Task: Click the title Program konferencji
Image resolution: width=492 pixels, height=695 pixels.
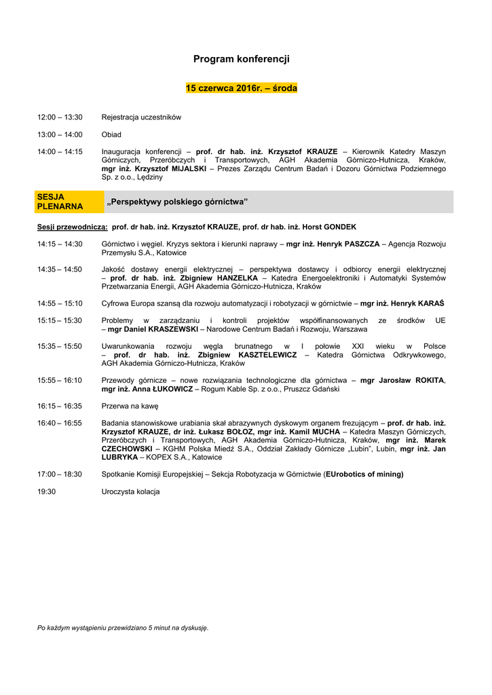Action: (241, 60)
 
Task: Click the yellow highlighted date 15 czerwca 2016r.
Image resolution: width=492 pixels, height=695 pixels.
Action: (241, 88)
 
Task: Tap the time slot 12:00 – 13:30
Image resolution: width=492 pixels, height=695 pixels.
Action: (60, 117)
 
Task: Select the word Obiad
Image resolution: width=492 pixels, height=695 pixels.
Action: (111, 134)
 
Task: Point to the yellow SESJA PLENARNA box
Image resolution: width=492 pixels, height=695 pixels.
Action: (60, 202)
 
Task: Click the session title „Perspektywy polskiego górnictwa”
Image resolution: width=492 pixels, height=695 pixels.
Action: (177, 202)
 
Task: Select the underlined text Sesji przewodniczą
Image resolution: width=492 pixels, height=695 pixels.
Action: (72, 227)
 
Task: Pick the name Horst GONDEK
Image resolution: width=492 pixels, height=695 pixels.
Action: (328, 227)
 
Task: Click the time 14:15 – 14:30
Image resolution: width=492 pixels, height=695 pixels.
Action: (60, 244)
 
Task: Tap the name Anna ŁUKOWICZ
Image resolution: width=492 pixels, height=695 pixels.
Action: (159, 390)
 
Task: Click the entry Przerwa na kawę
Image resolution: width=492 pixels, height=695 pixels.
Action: (130, 406)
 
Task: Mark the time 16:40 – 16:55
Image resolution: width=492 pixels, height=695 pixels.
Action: (60, 423)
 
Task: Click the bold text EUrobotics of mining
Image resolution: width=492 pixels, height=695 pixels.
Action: (364, 474)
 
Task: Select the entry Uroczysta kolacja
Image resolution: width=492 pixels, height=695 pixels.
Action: (130, 491)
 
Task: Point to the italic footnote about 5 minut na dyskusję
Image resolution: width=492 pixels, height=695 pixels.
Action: (123, 628)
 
